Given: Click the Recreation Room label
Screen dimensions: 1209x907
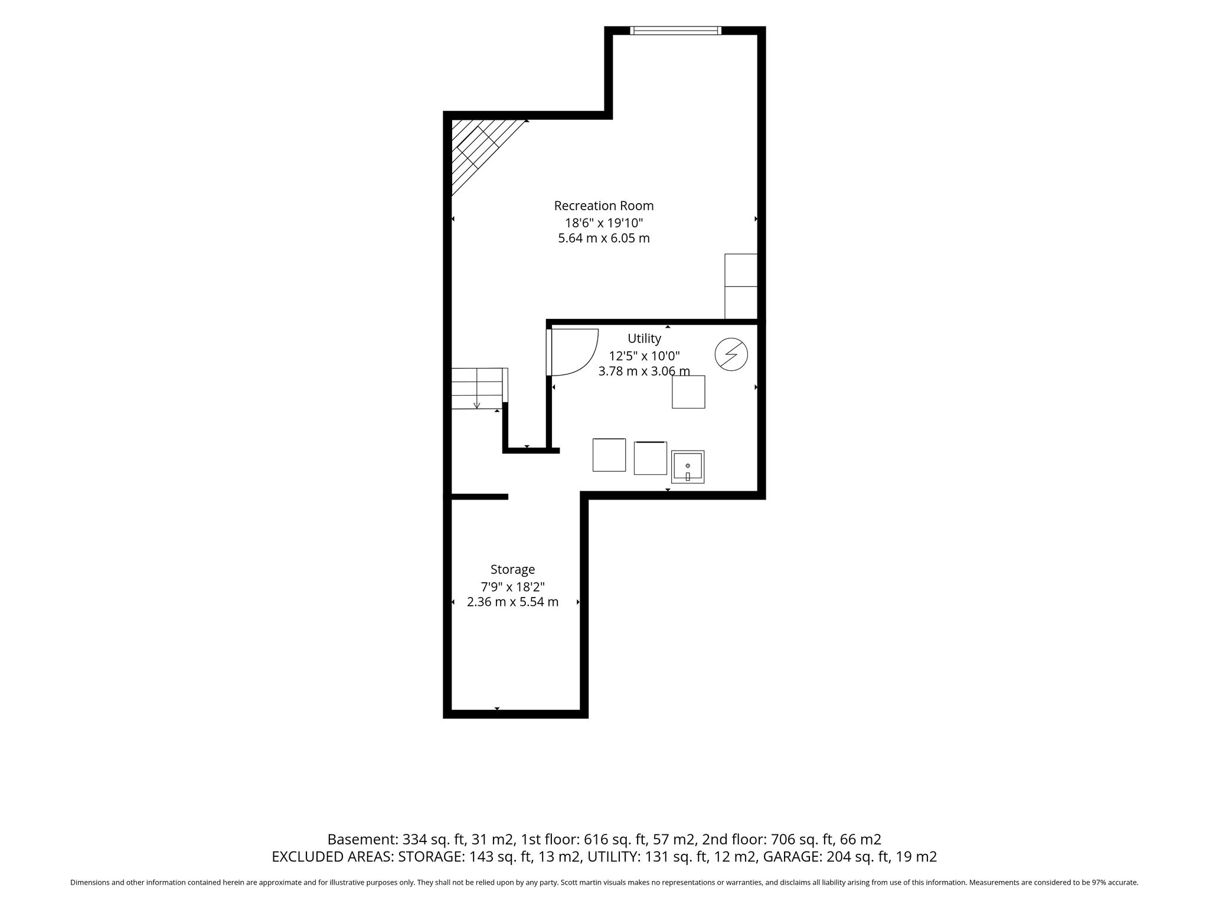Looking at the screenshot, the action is click(x=604, y=206).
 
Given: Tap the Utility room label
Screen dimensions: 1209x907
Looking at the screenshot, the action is click(x=644, y=339).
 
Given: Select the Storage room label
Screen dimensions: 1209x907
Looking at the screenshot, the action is click(x=512, y=570).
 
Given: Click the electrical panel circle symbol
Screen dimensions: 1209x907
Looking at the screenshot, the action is click(x=731, y=355).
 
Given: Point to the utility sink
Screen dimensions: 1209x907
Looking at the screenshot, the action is click(x=688, y=466).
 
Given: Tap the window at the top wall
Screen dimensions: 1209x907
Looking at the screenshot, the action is click(x=675, y=31).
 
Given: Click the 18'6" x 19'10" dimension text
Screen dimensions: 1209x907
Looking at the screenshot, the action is click(x=604, y=223).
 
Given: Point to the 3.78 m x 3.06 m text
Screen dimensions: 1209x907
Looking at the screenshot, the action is click(x=644, y=371).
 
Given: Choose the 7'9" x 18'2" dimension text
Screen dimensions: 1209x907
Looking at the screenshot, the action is click(x=512, y=587).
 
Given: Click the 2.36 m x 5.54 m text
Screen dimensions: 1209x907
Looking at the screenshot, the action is click(x=512, y=602).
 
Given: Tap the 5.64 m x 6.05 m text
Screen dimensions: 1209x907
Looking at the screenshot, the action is click(x=604, y=239).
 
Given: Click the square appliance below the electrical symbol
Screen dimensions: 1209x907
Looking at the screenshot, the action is click(x=688, y=391).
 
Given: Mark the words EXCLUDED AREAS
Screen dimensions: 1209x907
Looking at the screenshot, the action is click(x=332, y=857).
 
